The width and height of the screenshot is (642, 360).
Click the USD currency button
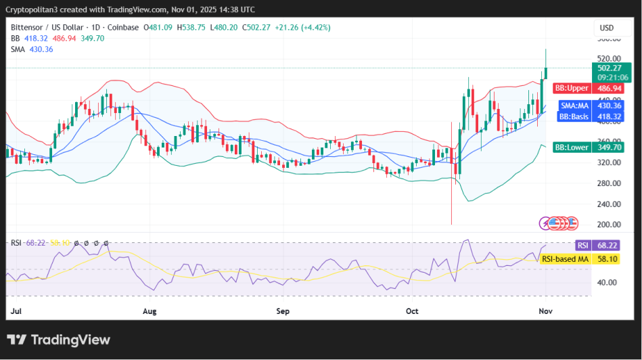pos(607,28)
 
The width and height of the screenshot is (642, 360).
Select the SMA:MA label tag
pos(574,106)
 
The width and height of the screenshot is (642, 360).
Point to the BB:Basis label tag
pos(573,116)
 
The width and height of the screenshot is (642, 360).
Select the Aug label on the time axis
pos(150,311)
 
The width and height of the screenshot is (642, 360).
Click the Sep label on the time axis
pos(283,311)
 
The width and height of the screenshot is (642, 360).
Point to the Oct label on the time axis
pos(412,311)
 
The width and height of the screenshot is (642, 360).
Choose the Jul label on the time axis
pos(18,311)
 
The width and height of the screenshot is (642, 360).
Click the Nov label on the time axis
pos(545,311)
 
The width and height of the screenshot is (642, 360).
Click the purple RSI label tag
pos(582,245)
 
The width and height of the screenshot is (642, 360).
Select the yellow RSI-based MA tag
pos(565,258)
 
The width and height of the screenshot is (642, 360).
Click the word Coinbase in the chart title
pos(122,27)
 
